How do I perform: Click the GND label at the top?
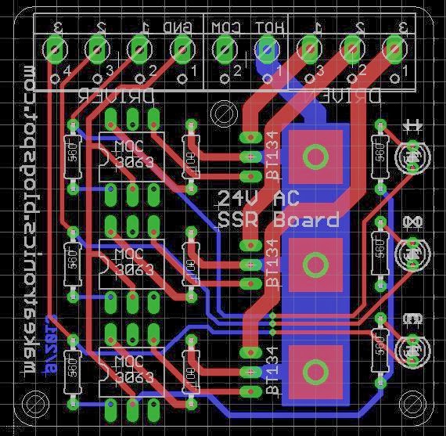tap(179, 27)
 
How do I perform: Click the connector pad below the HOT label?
tap(267, 52)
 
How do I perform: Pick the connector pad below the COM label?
tap(225, 52)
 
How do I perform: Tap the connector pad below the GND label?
tap(182, 52)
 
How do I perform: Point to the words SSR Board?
tap(279, 219)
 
